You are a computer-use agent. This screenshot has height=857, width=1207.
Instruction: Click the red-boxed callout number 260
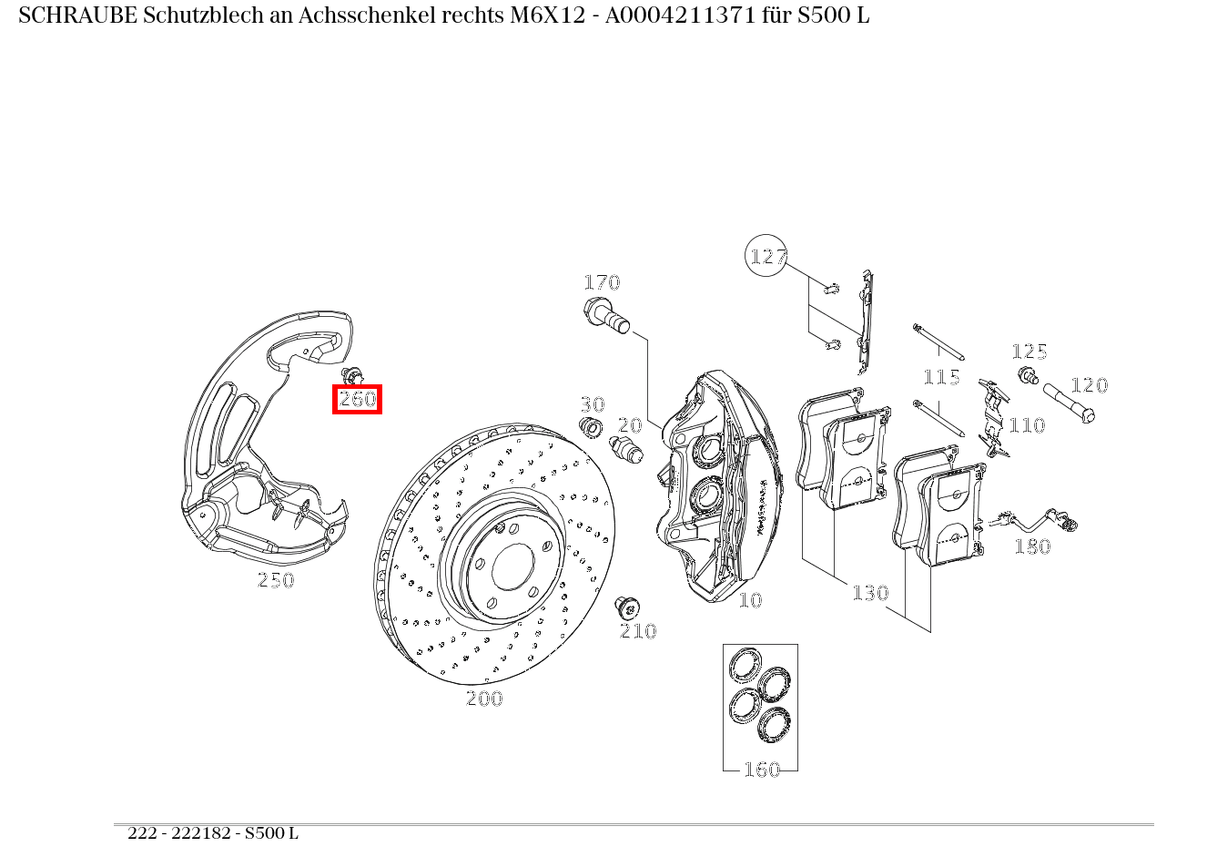coord(357,399)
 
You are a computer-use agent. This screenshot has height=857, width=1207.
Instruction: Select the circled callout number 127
coord(766,257)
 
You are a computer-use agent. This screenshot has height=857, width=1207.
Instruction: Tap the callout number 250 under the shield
coord(276,580)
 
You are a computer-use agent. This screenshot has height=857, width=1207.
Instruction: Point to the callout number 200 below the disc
coord(484,699)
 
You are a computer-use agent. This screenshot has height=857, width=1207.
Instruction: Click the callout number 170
coord(602,282)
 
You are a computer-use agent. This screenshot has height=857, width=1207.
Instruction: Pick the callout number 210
coord(638,631)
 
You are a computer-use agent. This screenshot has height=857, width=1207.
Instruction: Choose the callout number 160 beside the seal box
coord(762,770)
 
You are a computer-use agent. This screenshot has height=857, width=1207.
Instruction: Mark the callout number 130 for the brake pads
coord(870,593)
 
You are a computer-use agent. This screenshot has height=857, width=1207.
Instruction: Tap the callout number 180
coord(1032,546)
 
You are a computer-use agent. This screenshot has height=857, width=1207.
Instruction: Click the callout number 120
coord(1089,385)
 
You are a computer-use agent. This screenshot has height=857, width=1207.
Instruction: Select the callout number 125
coord(1029,352)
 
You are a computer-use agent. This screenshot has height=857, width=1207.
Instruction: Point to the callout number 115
coord(941,377)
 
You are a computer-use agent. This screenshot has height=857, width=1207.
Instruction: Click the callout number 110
coord(1027,425)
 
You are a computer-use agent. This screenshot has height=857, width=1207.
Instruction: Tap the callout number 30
coord(593,404)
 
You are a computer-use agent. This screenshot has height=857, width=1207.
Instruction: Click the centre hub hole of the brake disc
coord(512,567)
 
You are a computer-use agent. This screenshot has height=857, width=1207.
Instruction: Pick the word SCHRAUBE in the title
coord(76,16)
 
